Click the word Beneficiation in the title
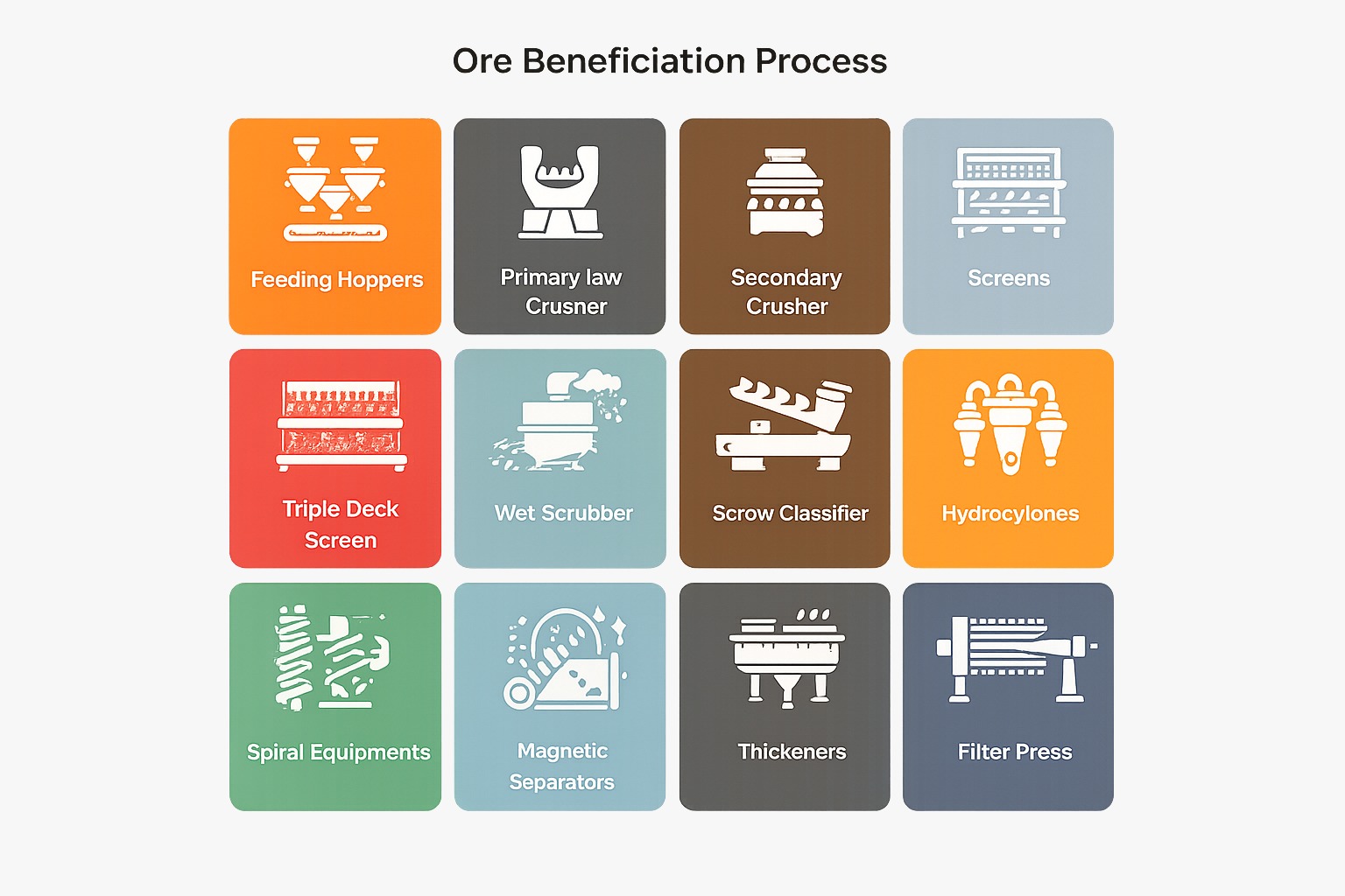(633, 61)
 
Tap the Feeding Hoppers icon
(335, 189)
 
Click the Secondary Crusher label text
(786, 291)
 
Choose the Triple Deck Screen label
(341, 524)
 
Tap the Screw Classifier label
(790, 514)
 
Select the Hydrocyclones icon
(1010, 425)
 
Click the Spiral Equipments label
(338, 752)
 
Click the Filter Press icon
(1014, 659)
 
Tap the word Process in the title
(820, 61)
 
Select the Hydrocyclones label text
(1010, 514)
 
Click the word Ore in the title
(482, 61)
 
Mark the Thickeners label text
(792, 752)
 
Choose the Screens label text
(1009, 278)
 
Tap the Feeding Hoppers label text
(336, 280)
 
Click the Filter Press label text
(1014, 752)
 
